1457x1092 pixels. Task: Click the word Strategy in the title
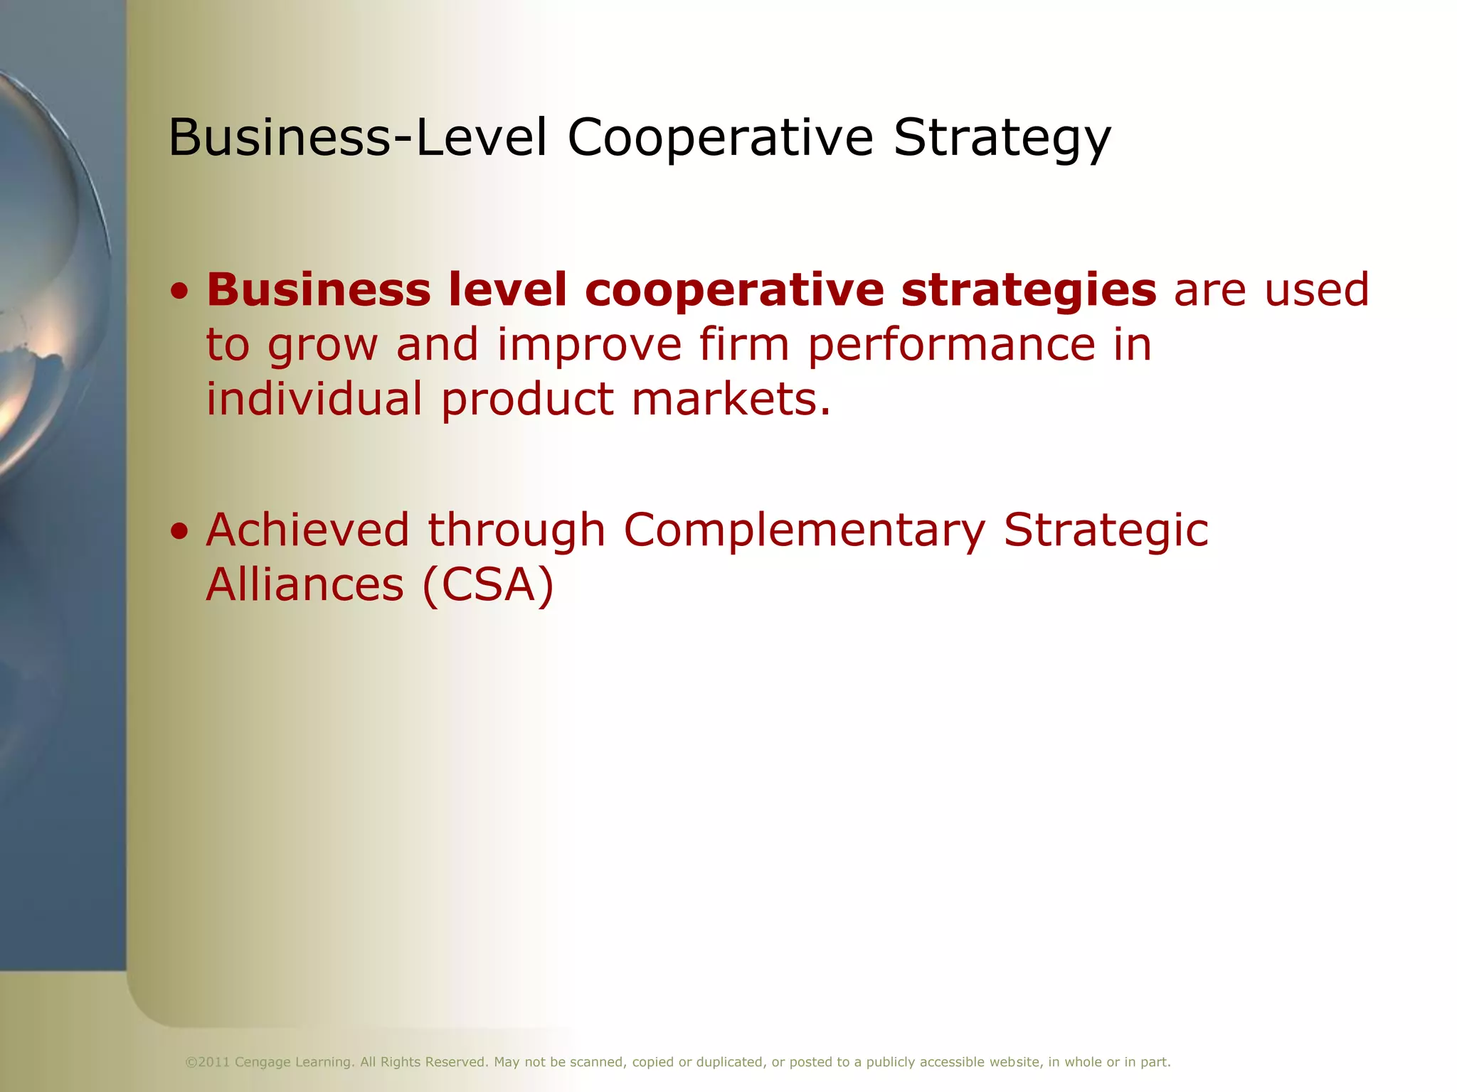1002,138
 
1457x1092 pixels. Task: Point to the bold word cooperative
734,291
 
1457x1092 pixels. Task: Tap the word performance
952,346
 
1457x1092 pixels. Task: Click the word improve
589,346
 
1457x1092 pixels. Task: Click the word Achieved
307,530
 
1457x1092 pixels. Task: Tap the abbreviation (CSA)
487,585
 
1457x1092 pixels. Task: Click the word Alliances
305,584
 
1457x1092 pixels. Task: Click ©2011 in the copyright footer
207,1062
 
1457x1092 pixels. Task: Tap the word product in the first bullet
527,400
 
